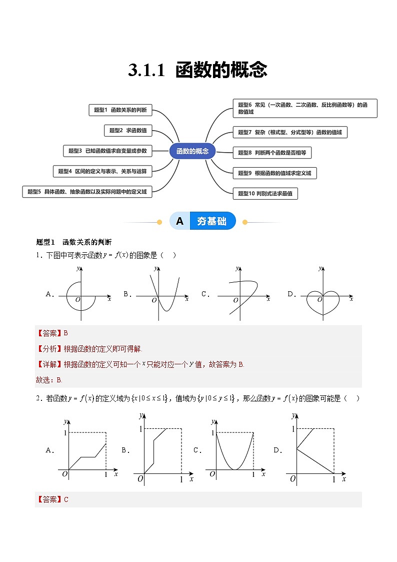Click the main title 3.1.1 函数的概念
[x=197, y=71]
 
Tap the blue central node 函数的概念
[x=192, y=151]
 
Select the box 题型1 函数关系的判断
[x=120, y=110]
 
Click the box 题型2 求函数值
[x=128, y=130]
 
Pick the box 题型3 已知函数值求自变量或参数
[x=108, y=151]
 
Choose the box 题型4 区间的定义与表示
[x=102, y=171]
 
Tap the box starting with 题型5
[x=87, y=192]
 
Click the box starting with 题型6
[x=304, y=108]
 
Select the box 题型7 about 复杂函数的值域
[x=289, y=133]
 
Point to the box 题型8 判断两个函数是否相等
[x=272, y=153]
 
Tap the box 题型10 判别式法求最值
[x=265, y=193]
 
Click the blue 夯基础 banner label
[x=211, y=221]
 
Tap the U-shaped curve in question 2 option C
[x=234, y=453]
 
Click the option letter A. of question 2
[x=50, y=450]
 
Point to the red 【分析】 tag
[x=47, y=349]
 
